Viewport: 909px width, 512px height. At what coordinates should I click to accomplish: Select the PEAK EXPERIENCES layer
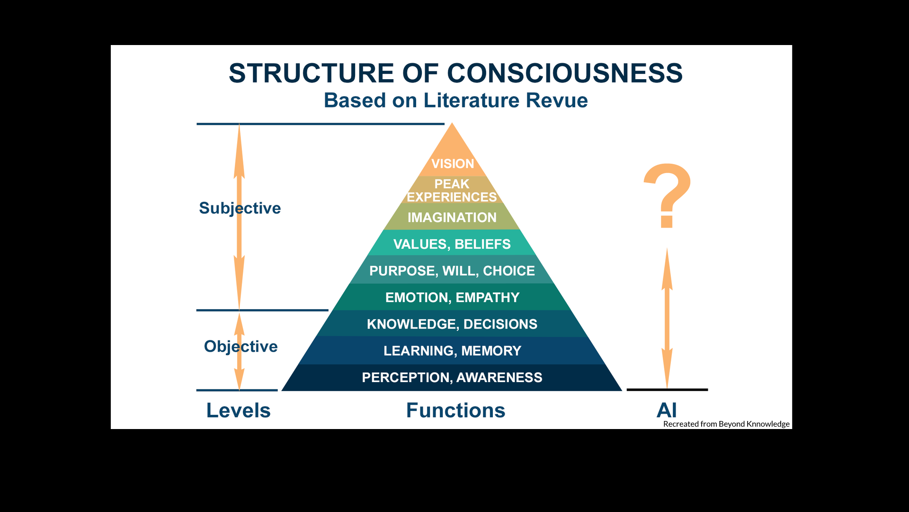click(x=452, y=190)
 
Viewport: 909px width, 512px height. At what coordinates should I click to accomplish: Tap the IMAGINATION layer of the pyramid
click(x=452, y=217)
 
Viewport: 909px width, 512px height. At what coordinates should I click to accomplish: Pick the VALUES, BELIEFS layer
click(x=452, y=244)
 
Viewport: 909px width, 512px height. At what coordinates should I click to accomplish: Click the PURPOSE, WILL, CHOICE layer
click(x=452, y=270)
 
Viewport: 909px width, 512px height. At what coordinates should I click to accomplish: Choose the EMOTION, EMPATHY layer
click(x=452, y=297)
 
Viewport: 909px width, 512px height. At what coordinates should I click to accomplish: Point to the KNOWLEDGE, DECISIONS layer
click(x=452, y=324)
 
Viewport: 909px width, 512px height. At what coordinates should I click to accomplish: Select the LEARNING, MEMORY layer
click(x=452, y=350)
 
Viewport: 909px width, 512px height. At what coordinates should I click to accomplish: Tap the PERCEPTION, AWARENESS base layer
click(x=452, y=377)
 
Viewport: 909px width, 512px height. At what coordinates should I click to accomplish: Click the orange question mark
click(x=667, y=194)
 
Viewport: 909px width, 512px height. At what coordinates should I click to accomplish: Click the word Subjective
click(x=240, y=208)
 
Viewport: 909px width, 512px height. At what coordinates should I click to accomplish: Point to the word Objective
click(x=241, y=347)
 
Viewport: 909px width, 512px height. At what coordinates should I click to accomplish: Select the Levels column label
click(x=238, y=410)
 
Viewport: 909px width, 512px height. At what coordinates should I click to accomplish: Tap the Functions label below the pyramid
click(x=455, y=410)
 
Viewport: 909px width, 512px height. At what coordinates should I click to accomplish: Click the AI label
click(x=667, y=410)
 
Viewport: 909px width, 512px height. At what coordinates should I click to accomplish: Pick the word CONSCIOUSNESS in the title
click(x=564, y=73)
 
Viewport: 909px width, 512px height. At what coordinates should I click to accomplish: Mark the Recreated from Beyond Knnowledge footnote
click(x=726, y=424)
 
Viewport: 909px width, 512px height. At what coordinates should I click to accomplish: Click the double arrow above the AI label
click(x=667, y=318)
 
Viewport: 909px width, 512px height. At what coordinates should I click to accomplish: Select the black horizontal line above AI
click(x=667, y=390)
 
